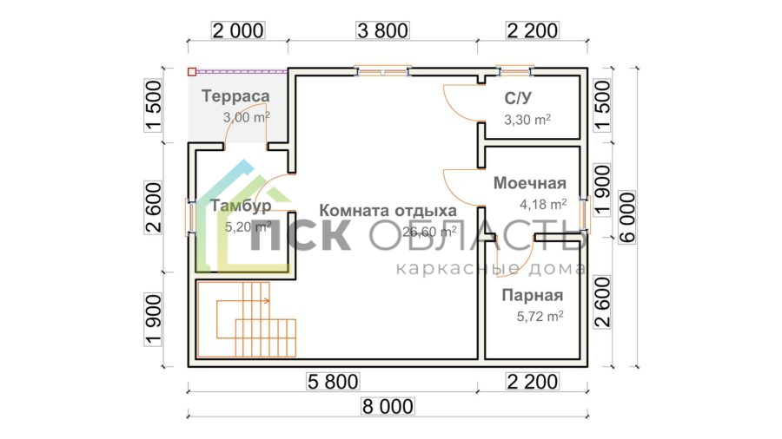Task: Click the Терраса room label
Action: tap(235, 96)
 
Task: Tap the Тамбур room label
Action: tap(241, 206)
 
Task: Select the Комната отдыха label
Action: tap(388, 211)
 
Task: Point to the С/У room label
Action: tap(518, 99)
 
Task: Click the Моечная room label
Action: tap(530, 183)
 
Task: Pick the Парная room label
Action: tap(532, 295)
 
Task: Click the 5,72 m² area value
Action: tap(540, 317)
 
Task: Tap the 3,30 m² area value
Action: tap(527, 120)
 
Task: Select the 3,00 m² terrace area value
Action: tap(247, 117)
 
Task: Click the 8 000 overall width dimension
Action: tap(388, 407)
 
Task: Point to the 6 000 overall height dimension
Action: tap(628, 217)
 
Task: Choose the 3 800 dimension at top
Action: tap(383, 31)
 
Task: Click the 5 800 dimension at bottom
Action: tap(333, 382)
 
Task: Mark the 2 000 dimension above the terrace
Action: tap(238, 31)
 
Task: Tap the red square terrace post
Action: tap(192, 72)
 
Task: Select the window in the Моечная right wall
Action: tap(584, 215)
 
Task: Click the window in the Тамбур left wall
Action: tap(190, 218)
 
